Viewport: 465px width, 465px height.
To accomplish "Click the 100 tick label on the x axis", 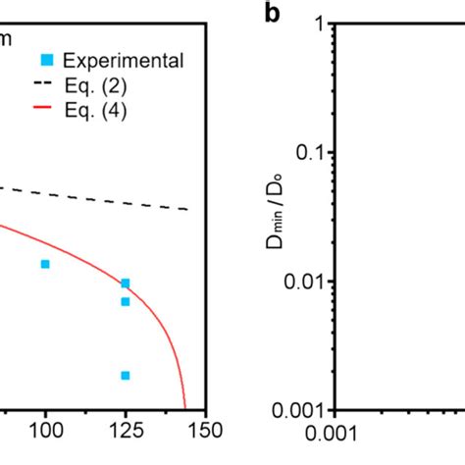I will (x=45, y=433).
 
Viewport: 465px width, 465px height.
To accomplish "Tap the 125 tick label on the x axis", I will (x=125, y=433).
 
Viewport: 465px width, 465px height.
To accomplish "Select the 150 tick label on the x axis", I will (x=201, y=433).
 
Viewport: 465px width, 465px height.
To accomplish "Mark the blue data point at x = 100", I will (x=45, y=264).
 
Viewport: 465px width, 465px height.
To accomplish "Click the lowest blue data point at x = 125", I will (x=126, y=375).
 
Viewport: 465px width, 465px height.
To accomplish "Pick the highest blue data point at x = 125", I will (x=126, y=284).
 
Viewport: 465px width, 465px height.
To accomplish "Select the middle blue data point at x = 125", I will (x=126, y=301).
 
